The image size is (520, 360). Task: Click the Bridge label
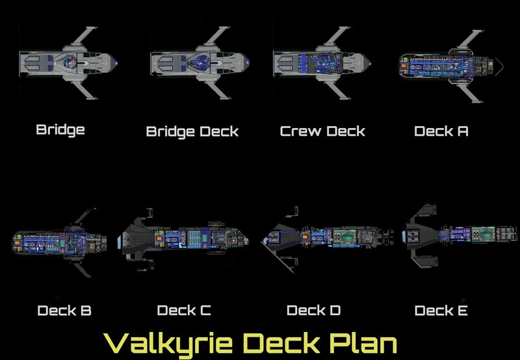60,129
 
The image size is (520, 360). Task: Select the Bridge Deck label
192,132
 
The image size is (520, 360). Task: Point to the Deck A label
441,131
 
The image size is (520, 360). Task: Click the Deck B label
64,311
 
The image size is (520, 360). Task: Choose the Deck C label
184,311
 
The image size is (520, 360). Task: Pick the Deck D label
313,311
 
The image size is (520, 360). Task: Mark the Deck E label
441,311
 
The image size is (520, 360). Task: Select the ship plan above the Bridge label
69,63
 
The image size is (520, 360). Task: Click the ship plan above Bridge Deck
198,63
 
